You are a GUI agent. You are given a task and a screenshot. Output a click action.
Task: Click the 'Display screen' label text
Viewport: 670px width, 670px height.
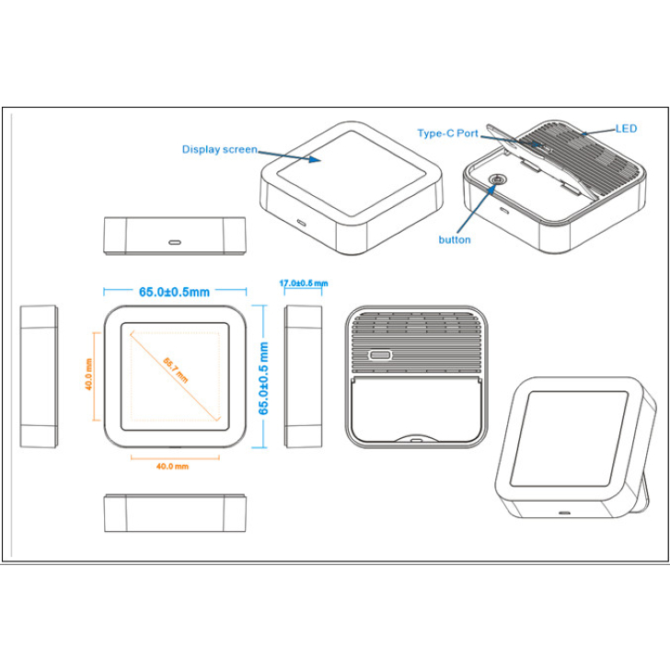click(x=219, y=149)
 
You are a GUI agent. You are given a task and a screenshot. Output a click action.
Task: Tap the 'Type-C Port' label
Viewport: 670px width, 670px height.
click(x=448, y=133)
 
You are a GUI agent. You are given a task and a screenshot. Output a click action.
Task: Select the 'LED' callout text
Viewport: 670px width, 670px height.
click(x=626, y=129)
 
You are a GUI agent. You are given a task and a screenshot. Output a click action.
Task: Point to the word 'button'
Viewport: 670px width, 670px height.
click(x=455, y=239)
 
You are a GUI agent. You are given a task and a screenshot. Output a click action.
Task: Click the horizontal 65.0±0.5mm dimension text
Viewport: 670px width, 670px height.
click(x=175, y=292)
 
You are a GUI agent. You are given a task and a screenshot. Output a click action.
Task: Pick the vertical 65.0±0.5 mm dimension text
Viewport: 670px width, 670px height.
click(x=265, y=377)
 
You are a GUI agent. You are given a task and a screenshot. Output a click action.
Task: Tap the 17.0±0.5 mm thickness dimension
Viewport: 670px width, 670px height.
click(x=304, y=283)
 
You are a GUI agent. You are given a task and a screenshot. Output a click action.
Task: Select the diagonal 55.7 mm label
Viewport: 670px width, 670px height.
click(x=175, y=369)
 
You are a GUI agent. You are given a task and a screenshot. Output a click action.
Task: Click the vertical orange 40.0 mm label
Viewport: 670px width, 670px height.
click(x=89, y=375)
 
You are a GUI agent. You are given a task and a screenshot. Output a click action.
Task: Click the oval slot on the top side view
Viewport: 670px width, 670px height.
click(x=175, y=243)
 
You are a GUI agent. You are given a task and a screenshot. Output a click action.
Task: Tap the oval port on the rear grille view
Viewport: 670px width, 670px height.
click(x=378, y=355)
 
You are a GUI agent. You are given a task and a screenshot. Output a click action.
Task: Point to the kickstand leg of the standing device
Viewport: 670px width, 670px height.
click(x=651, y=479)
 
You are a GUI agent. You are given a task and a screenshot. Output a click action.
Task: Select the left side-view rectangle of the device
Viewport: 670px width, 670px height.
click(x=40, y=376)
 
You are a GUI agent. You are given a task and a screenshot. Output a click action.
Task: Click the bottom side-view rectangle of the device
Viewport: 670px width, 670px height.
click(x=175, y=513)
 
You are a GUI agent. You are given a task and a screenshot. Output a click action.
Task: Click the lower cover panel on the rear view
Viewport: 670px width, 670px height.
click(x=416, y=410)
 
